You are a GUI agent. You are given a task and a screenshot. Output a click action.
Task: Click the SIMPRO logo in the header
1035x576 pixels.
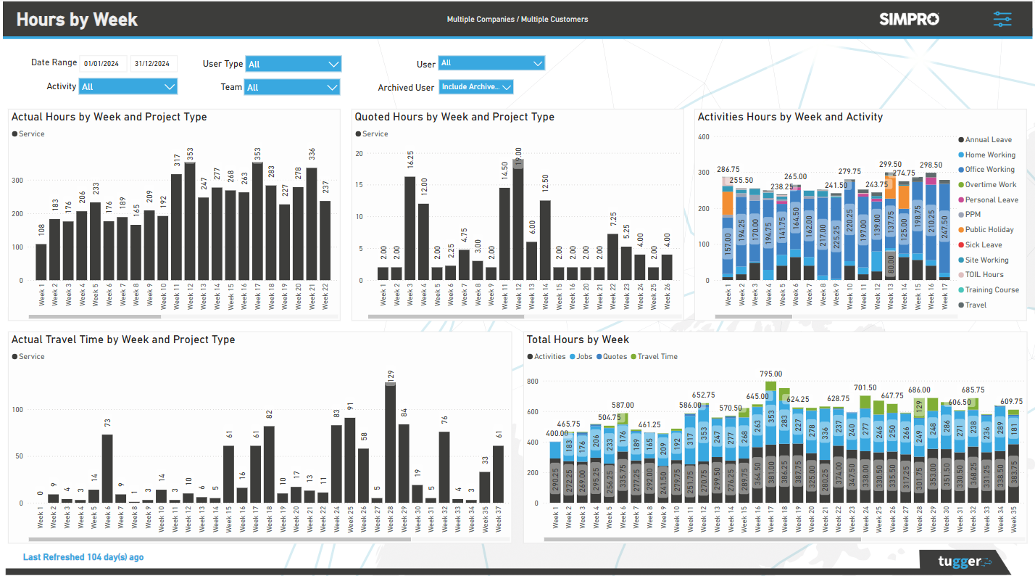pyautogui.click(x=909, y=20)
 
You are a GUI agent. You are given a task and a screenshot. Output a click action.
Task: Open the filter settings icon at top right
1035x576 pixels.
pyautogui.click(x=1002, y=20)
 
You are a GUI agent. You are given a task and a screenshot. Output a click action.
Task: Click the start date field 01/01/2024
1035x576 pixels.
pyautogui.click(x=103, y=64)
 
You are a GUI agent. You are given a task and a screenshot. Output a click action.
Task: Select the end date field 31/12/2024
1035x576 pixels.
pyautogui.click(x=153, y=64)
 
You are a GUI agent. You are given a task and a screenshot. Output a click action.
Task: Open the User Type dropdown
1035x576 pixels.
pyautogui.click(x=293, y=64)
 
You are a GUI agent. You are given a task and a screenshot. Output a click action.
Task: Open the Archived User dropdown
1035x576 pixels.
pyautogui.click(x=476, y=87)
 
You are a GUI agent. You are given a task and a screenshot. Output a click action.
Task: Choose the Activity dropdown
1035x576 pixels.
pyautogui.click(x=128, y=87)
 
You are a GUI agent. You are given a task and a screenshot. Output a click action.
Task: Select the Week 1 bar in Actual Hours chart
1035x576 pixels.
pyautogui.click(x=41, y=262)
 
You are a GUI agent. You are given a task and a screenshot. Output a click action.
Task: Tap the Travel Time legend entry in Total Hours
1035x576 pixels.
pyautogui.click(x=657, y=357)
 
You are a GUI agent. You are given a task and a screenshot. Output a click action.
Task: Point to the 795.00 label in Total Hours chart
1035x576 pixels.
pyautogui.click(x=770, y=374)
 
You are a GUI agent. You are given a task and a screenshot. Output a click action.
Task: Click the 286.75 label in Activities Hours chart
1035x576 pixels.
pyautogui.click(x=728, y=170)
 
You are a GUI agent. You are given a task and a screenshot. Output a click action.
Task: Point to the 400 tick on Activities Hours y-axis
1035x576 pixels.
pyautogui.click(x=703, y=136)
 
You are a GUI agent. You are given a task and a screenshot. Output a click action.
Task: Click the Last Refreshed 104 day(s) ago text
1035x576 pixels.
pyautogui.click(x=83, y=557)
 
